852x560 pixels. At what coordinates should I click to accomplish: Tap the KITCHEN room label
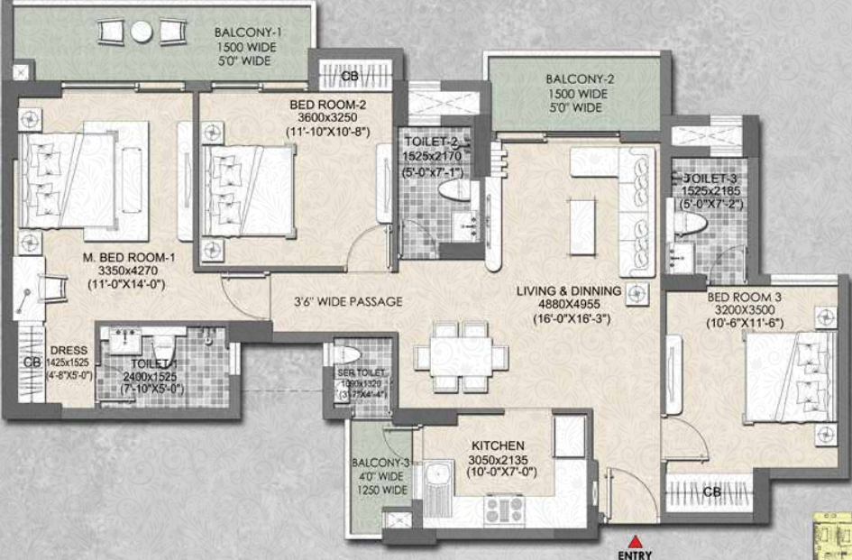click(x=497, y=445)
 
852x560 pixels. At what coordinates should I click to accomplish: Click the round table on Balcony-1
click(x=142, y=32)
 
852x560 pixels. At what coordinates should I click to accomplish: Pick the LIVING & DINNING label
click(x=568, y=290)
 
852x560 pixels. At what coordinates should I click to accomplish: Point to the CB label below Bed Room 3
click(x=711, y=492)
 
